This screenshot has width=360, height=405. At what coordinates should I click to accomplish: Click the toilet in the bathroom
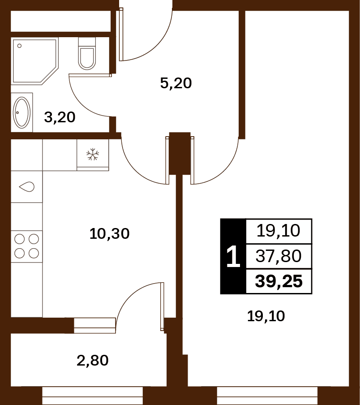[x=87, y=53]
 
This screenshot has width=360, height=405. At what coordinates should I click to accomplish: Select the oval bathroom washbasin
[x=21, y=112]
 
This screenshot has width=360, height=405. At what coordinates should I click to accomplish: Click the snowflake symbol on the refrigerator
[x=92, y=155]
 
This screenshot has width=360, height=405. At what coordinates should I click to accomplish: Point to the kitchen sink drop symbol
[x=26, y=186]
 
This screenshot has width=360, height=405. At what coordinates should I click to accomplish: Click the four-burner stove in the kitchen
[x=26, y=246]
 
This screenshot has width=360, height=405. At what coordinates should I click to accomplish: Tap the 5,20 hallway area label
[x=176, y=83]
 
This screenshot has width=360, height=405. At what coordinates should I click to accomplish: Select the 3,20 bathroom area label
[x=60, y=117]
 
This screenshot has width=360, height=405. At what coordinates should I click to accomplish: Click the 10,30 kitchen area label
[x=109, y=234]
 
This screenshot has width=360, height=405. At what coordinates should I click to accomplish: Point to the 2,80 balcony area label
[x=92, y=361]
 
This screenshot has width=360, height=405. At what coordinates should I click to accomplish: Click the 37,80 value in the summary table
[x=279, y=256]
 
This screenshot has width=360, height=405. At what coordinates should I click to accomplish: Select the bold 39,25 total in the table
[x=279, y=281]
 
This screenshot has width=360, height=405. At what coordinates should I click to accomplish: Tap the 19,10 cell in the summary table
[x=279, y=231]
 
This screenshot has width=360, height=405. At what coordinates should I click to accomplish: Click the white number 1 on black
[x=233, y=256]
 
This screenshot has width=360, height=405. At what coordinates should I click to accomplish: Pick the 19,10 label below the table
[x=266, y=316]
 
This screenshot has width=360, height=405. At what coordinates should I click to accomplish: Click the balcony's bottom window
[x=92, y=396]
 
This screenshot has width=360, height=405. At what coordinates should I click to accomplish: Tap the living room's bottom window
[x=267, y=396]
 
